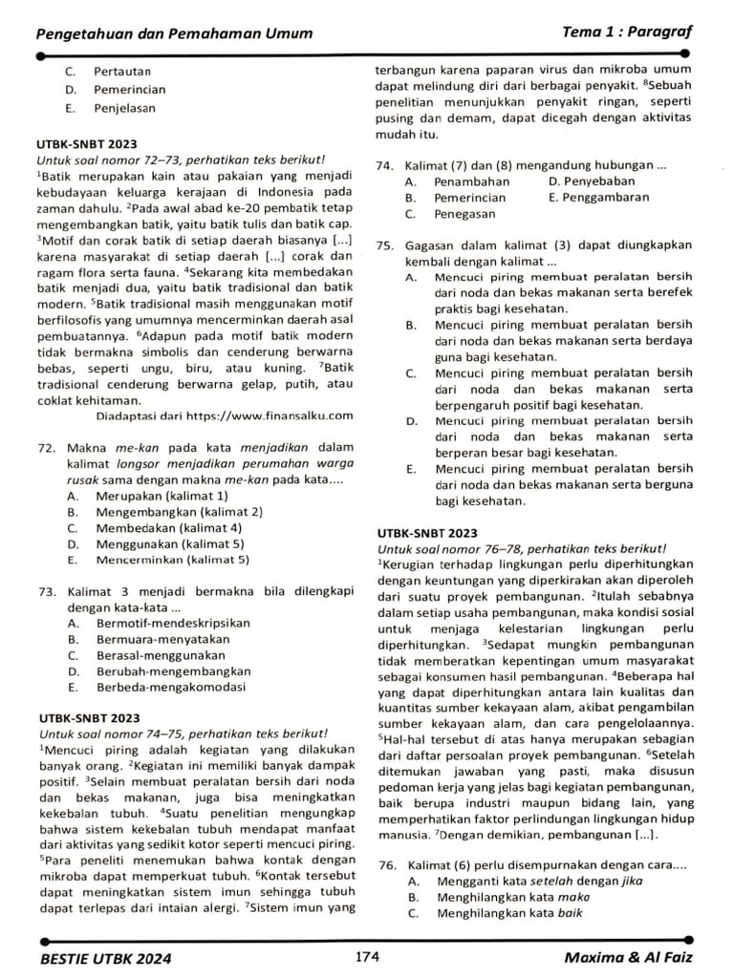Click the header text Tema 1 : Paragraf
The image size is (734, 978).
[627, 32]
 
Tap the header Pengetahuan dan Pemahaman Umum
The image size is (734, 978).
[174, 33]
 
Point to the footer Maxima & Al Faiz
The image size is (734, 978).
[628, 957]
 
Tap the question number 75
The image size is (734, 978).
[385, 244]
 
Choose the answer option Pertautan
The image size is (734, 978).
[122, 71]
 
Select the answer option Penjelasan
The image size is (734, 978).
[124, 108]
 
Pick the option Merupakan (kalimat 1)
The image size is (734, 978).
[162, 496]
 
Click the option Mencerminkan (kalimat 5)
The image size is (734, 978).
[172, 560]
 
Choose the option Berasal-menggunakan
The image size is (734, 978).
[161, 655]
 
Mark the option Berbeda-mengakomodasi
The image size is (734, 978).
[171, 687]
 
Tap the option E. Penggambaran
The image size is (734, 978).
[598, 197]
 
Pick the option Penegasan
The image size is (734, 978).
[464, 214]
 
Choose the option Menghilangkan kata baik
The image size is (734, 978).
[509, 912]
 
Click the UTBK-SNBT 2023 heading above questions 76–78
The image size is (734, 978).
[427, 532]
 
